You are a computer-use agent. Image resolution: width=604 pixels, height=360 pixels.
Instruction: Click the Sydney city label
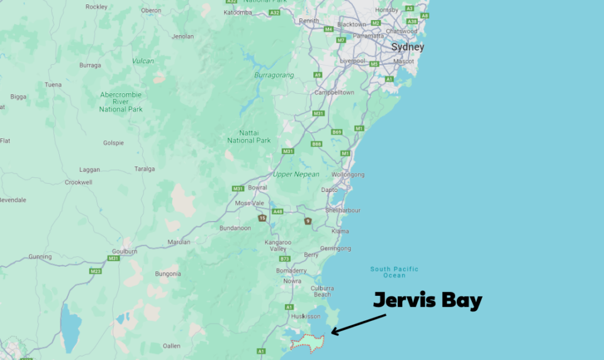[408, 47]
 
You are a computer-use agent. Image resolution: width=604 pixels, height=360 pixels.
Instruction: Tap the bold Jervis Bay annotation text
[428, 300]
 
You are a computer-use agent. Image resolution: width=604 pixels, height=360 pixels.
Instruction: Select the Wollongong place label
[348, 174]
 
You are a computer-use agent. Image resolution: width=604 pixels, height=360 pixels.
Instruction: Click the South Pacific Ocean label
[394, 273]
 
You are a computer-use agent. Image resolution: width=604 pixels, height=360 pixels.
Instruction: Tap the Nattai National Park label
[249, 136]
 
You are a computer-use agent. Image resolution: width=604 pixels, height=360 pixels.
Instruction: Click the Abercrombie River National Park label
[121, 102]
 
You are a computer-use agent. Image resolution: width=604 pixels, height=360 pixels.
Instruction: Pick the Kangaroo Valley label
[278, 245]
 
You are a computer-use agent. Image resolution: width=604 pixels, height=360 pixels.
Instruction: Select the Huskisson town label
[306, 317]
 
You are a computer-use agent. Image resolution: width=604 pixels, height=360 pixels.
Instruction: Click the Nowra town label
[292, 281]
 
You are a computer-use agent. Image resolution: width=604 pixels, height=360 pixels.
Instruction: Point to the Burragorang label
[274, 75]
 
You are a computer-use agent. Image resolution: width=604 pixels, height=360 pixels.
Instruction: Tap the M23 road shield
[95, 271]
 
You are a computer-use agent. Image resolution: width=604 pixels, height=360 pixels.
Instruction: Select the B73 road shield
[284, 259]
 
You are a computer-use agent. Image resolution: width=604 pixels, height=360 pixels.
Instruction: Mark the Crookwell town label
[79, 183]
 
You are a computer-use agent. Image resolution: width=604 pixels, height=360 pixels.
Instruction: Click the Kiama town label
[340, 232]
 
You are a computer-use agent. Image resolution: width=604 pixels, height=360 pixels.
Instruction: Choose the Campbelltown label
[334, 93]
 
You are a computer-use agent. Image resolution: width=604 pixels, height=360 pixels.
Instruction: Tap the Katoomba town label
[238, 12]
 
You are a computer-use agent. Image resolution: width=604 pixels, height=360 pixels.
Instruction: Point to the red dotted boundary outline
[307, 343]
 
